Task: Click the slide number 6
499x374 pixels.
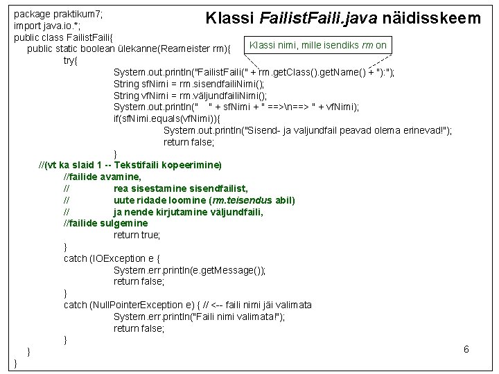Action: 466,349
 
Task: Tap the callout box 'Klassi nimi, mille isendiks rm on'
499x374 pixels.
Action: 317,45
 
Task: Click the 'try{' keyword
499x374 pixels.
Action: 71,61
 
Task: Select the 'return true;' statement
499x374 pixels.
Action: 137,235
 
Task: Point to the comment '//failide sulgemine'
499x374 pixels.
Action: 105,223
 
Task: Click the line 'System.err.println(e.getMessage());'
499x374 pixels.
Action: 189,270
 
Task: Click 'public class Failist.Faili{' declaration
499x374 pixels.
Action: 67,37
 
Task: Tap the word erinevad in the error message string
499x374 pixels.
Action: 423,130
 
